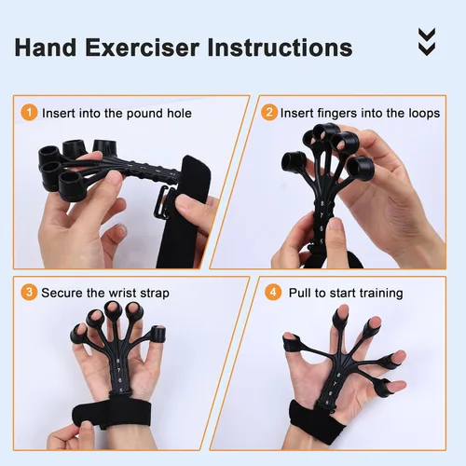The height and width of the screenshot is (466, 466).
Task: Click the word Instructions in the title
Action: coord(283,47)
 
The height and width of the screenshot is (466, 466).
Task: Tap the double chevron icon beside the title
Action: coord(426,40)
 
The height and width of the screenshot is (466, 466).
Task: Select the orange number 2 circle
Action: coord(269,113)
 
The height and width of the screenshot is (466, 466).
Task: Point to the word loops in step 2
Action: coord(419,113)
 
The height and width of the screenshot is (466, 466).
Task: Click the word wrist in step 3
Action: coord(120,293)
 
